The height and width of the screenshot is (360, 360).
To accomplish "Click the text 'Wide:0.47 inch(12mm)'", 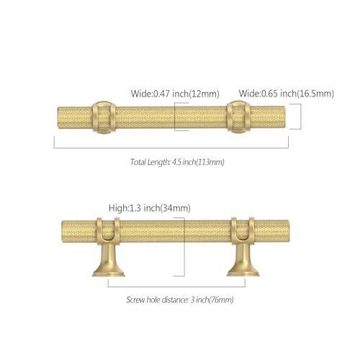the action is (175, 94).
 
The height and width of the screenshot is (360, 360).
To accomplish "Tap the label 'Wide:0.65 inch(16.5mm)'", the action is (287, 94).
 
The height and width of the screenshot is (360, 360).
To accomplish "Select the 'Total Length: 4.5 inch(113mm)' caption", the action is (177, 162).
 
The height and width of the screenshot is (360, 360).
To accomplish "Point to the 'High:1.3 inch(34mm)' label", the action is (150, 208).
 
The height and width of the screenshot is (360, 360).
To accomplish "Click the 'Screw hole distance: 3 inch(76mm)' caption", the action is (180, 300).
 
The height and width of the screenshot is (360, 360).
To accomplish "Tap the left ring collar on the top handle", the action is (104, 117).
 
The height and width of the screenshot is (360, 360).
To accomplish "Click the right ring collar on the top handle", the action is (238, 117).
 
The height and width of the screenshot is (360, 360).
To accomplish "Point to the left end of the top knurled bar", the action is (58, 117).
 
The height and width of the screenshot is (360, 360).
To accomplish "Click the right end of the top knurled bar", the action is (284, 117).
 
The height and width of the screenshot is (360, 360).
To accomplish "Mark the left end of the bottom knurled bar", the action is (62, 231).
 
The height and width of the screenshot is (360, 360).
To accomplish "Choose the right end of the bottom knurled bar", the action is (288, 231).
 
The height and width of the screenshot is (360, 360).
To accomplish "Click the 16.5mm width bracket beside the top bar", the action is (301, 117).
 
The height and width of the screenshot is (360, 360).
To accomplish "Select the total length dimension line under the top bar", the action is (171, 148).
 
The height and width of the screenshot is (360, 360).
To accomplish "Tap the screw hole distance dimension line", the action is (176, 287).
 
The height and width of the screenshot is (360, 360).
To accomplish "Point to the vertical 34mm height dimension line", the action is (184, 247).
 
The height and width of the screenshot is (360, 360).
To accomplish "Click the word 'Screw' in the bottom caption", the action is (135, 300).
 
